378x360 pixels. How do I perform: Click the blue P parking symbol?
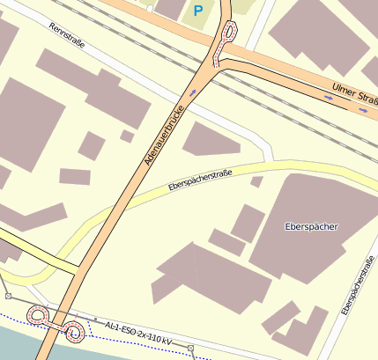[198, 11]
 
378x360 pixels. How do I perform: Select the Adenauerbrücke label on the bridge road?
[159, 132]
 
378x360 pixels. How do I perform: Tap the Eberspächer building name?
[312, 226]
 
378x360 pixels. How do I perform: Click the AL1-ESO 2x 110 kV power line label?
[137, 332]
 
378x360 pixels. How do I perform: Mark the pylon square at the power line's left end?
[8, 297]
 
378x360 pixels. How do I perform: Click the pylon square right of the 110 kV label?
[190, 349]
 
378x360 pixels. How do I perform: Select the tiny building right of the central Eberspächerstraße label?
[256, 181]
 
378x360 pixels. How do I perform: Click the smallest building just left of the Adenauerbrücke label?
[127, 136]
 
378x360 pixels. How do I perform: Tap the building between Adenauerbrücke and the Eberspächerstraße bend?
[211, 138]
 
